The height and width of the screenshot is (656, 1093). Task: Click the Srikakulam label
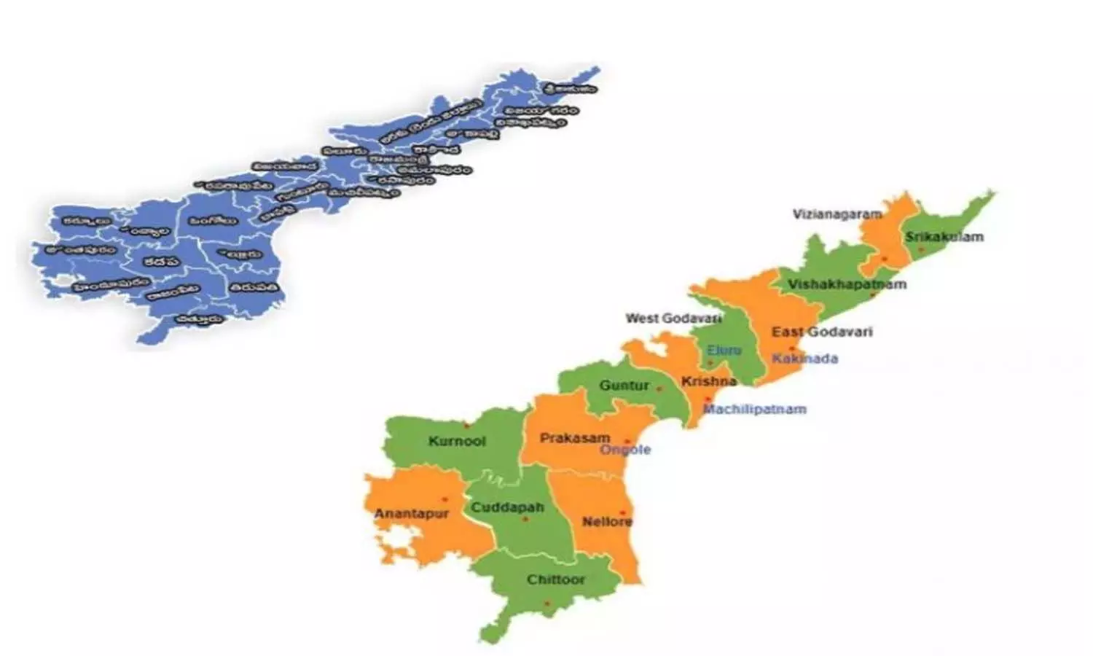tap(944, 237)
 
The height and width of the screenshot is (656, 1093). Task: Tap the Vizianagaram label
tap(837, 214)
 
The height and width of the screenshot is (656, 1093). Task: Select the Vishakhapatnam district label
tap(847, 284)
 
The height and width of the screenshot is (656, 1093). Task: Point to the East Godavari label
tap(822, 332)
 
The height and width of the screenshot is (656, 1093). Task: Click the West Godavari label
tap(673, 319)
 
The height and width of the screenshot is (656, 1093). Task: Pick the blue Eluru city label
tap(724, 351)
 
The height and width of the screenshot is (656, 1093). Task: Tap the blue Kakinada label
tap(804, 359)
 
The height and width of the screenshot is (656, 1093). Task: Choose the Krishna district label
tap(708, 381)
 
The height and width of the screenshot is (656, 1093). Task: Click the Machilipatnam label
tap(754, 409)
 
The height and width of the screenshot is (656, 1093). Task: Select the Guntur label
tap(624, 385)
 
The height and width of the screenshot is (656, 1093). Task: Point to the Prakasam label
tap(574, 438)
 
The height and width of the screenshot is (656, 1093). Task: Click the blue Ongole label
tap(625, 450)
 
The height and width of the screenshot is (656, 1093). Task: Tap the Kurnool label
tap(457, 441)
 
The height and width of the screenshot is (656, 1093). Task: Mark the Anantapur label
tap(411, 514)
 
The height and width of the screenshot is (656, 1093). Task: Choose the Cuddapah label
tap(507, 507)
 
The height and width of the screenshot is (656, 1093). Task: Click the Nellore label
tap(607, 522)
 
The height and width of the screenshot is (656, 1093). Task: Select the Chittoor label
tap(556, 579)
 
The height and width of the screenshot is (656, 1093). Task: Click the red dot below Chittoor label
tap(548, 604)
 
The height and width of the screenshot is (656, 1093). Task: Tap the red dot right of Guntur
tap(659, 389)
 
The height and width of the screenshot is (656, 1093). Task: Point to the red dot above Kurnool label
tap(467, 424)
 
